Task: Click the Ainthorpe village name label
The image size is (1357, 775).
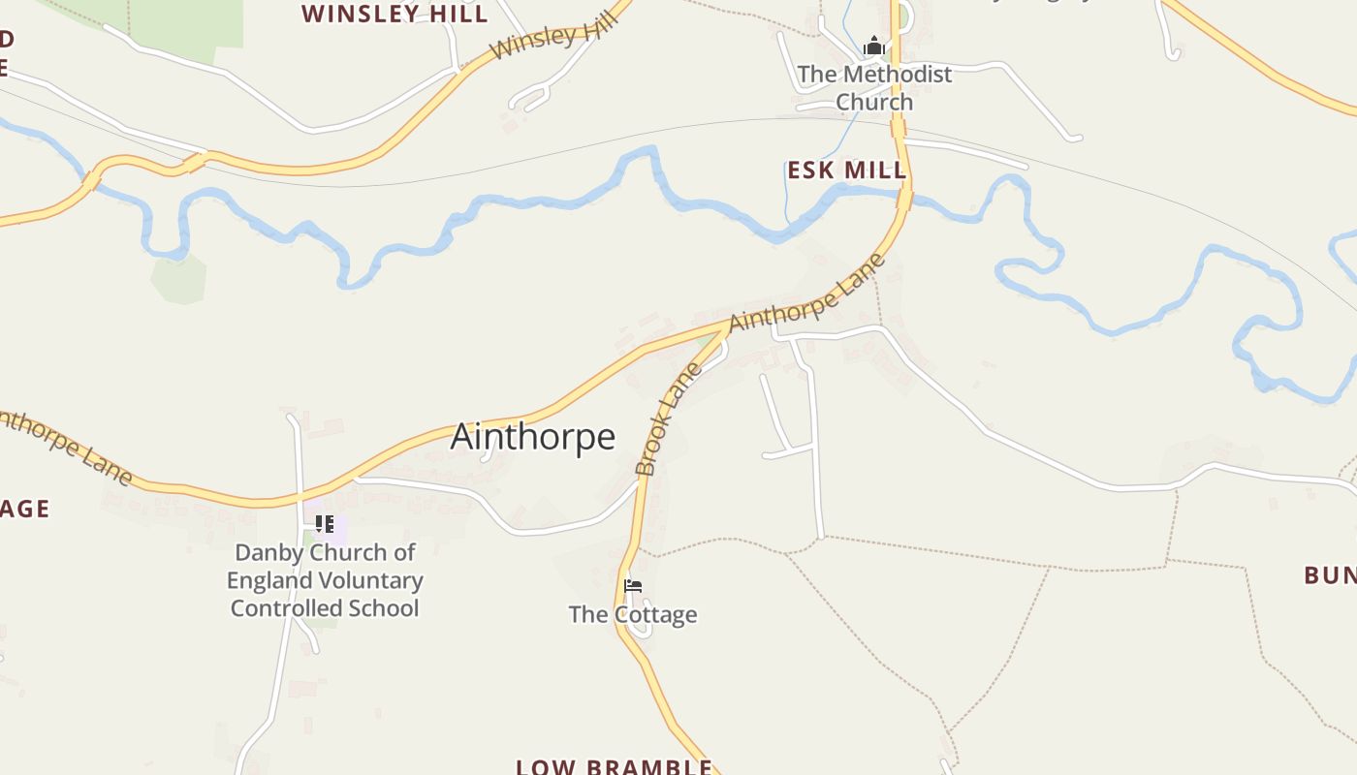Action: coord(532,437)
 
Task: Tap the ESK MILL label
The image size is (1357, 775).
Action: coord(846,170)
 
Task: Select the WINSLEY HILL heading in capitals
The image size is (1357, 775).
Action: coord(394,14)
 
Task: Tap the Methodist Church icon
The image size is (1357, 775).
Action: coord(874,46)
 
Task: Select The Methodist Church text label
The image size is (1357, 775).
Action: coord(874,87)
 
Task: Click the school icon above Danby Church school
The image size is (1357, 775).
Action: coord(325,524)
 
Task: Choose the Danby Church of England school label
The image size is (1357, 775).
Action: coord(325,580)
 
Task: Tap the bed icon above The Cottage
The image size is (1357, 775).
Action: coord(633,586)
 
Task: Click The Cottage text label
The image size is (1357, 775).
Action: coord(633,614)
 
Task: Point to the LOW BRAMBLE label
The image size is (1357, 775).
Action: coord(614,766)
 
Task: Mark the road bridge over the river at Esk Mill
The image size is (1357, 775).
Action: coord(904,199)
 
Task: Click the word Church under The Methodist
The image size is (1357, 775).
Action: coord(874,102)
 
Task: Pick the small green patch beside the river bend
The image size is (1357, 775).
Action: coord(178,278)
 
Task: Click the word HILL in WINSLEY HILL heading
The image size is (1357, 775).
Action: coord(456,14)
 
